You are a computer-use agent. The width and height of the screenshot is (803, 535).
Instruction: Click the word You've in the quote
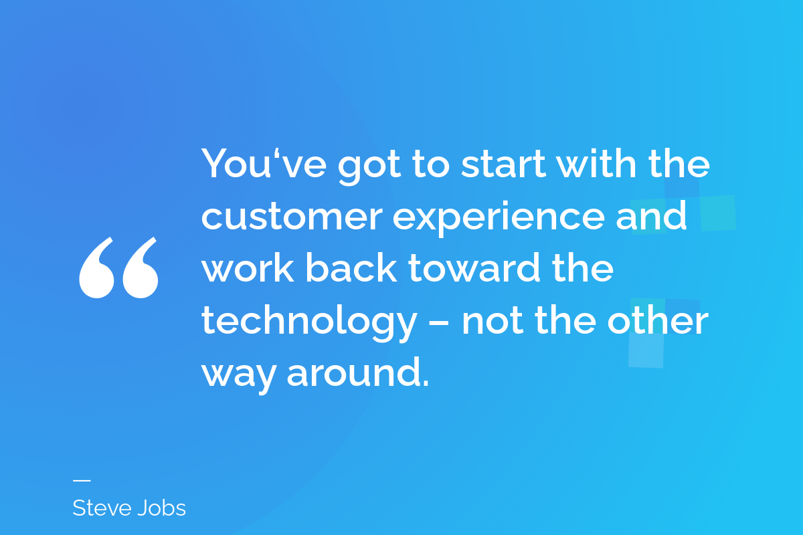point(264,163)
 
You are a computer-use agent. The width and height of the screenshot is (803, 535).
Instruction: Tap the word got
point(369,167)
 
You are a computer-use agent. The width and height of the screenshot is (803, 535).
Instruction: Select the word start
point(504,164)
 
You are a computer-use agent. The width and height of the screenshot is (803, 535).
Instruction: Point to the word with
point(596,163)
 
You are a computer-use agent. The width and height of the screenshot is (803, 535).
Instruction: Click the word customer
point(292,217)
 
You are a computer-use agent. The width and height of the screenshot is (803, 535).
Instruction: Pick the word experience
point(499,218)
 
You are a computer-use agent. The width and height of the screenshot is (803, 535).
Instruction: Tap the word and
point(651,215)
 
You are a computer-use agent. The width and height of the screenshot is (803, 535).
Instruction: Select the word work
point(248,267)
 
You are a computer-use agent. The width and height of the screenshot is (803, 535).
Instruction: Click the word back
point(351,267)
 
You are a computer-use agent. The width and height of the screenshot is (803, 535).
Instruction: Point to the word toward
point(474,267)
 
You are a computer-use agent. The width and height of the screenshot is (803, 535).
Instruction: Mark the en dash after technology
point(439,322)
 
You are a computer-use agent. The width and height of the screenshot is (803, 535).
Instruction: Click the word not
point(493,322)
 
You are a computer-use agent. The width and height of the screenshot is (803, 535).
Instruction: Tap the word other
point(658,320)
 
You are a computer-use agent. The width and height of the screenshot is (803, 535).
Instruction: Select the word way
point(239,376)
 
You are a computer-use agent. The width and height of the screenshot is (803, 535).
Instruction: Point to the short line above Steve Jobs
point(82,481)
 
